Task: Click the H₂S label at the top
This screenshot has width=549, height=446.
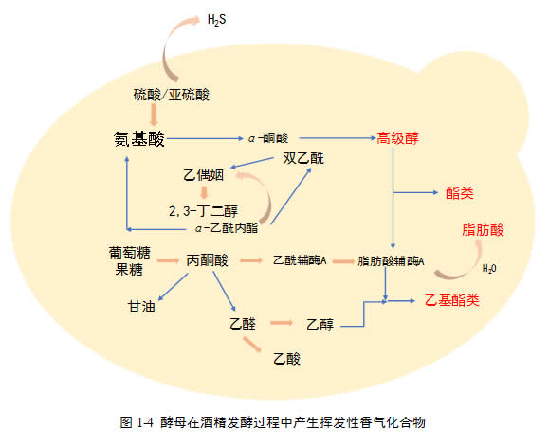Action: click(x=216, y=20)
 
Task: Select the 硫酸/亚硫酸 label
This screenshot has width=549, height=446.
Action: click(x=172, y=95)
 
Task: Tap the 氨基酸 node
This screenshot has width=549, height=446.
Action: click(x=139, y=139)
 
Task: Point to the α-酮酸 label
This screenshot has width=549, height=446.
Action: click(x=268, y=138)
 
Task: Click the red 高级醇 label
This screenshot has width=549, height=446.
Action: click(x=397, y=138)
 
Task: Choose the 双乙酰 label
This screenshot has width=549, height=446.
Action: click(x=303, y=158)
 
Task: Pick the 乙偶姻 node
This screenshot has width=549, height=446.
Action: click(x=204, y=175)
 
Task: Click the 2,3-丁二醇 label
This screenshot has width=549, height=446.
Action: click(x=203, y=211)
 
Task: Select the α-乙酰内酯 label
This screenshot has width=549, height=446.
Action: click(x=227, y=228)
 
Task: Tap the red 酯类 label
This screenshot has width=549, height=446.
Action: click(x=460, y=193)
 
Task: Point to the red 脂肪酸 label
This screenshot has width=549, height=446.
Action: click(x=484, y=230)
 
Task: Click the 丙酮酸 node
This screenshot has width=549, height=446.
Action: click(x=208, y=260)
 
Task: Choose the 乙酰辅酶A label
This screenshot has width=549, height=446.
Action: click(x=300, y=260)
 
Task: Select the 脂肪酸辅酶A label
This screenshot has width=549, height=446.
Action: click(x=391, y=261)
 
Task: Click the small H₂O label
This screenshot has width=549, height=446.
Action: click(x=489, y=268)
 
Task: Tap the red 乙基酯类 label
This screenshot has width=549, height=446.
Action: click(x=452, y=300)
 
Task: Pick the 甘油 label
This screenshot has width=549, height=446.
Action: click(x=142, y=307)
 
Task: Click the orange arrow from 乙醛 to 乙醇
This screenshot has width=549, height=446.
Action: click(x=282, y=323)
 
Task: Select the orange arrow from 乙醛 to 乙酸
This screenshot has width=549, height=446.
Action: click(x=252, y=345)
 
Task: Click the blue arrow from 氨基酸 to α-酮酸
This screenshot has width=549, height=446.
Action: click(x=205, y=139)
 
